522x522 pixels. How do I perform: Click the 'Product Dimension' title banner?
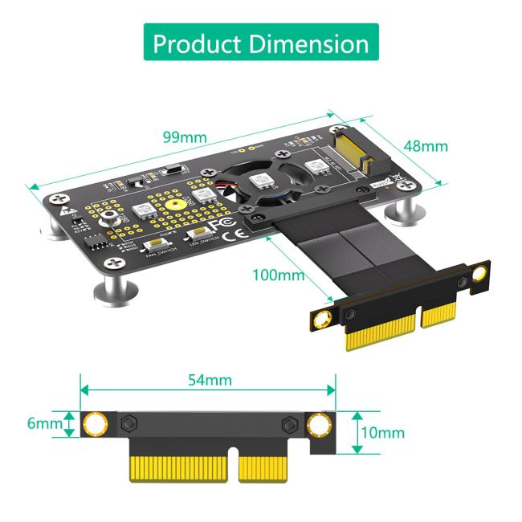click(261, 43)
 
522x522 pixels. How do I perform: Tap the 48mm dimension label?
click(424, 146)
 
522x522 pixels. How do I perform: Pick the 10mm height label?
click(382, 433)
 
